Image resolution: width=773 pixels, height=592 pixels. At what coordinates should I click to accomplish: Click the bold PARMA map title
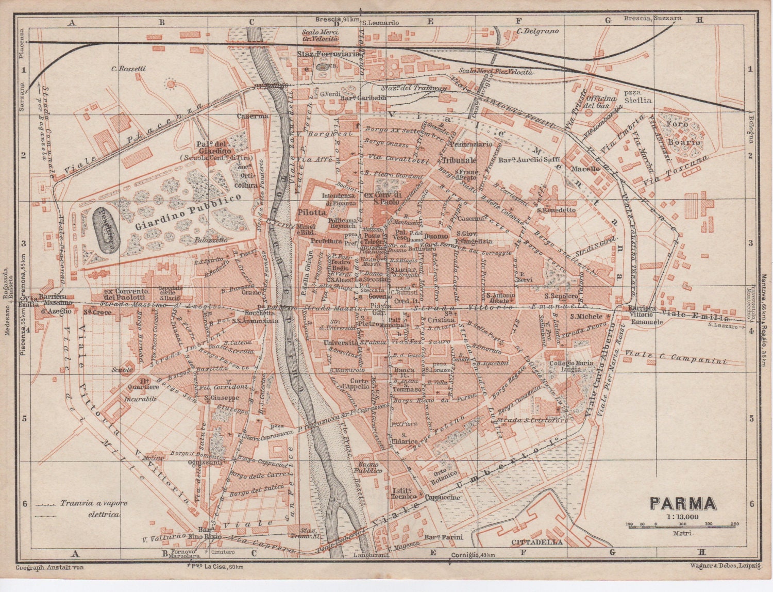tap(683, 503)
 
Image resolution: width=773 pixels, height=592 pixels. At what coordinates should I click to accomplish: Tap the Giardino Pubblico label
tap(188, 212)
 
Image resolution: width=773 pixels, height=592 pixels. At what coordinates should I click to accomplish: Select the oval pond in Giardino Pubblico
tap(107, 230)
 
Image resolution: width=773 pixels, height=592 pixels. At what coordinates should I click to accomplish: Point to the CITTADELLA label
tap(536, 542)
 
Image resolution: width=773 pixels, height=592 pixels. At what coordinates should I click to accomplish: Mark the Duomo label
tap(435, 236)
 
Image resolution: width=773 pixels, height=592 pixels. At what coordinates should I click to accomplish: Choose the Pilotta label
tap(311, 212)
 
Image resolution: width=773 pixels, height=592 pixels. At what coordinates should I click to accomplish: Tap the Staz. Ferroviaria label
tap(328, 54)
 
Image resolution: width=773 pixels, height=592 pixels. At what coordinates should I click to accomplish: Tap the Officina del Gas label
tap(602, 102)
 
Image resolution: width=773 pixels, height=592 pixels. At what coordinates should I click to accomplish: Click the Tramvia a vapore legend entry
tap(93, 503)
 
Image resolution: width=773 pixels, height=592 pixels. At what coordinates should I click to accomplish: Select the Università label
tap(341, 342)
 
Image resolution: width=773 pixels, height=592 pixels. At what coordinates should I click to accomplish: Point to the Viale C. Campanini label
tap(675, 357)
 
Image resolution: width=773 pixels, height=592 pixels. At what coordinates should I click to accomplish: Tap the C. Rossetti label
tap(129, 69)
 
